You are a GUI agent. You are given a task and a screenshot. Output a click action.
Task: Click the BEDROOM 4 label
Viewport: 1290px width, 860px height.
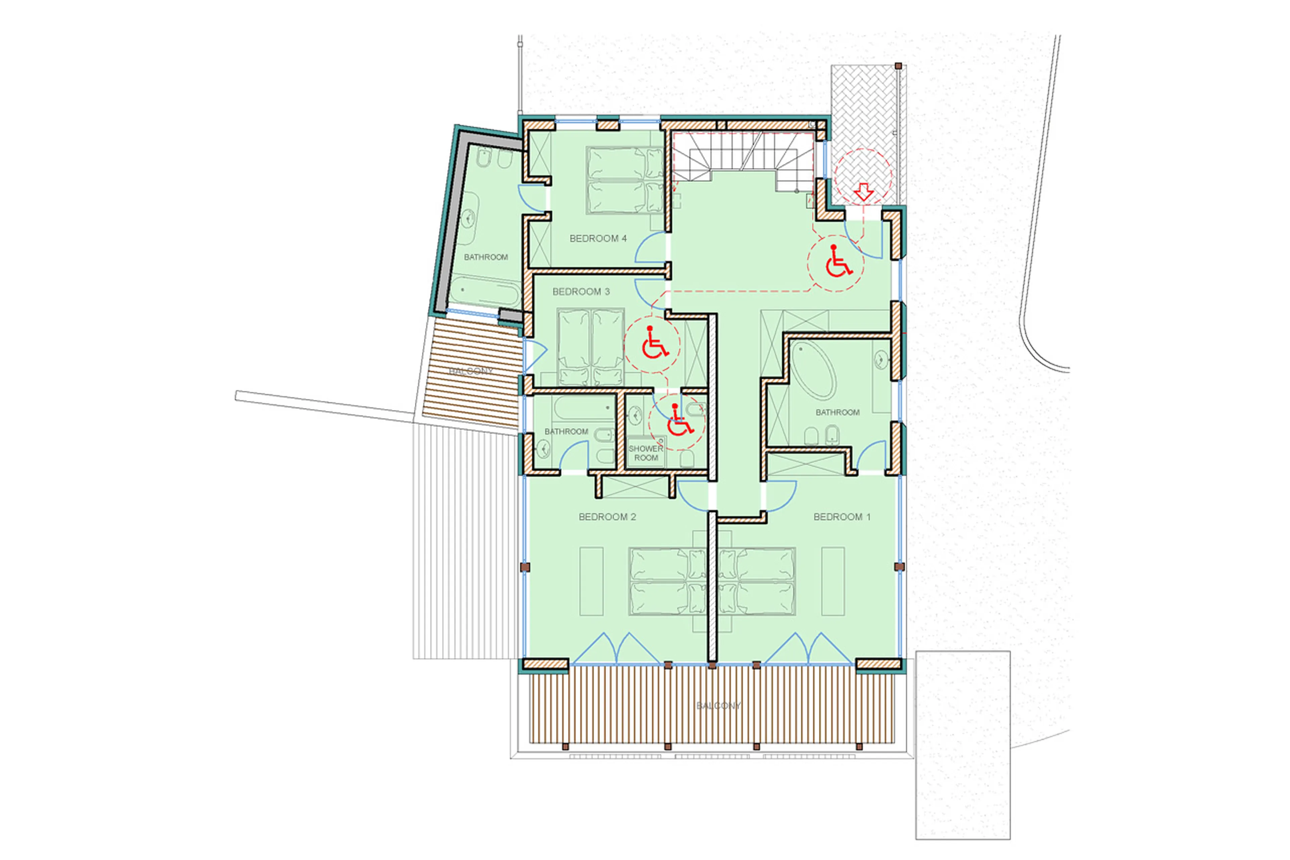point(598,239)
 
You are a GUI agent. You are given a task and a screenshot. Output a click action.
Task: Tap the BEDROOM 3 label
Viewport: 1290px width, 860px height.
point(580,292)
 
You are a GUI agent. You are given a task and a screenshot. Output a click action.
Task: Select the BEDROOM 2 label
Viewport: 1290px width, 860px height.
point(607,517)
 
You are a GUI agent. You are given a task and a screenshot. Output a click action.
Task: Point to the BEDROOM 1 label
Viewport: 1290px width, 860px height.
point(842,517)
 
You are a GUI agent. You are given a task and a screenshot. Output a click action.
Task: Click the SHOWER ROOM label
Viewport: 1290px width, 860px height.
point(646,453)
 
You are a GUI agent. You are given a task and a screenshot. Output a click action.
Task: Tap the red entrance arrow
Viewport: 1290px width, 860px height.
point(864,192)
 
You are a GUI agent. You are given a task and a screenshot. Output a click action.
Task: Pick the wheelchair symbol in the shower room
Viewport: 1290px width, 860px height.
point(679,421)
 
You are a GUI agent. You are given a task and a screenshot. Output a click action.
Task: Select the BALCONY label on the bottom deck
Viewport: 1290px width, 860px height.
point(718,706)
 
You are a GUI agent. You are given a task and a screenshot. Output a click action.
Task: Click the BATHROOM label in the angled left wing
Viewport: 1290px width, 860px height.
point(486,257)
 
